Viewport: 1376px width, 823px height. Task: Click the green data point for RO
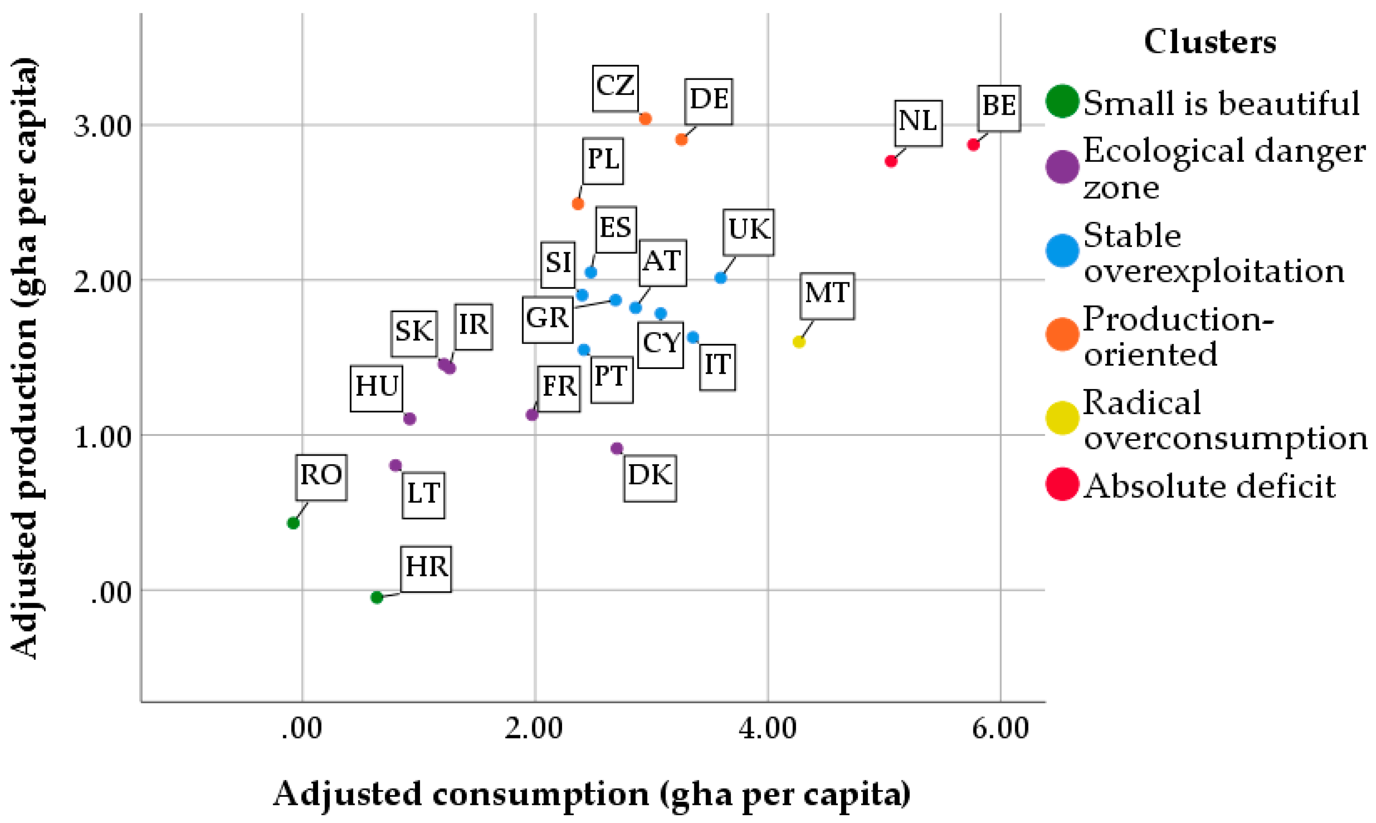click(x=293, y=523)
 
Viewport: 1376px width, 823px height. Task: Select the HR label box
click(x=426, y=569)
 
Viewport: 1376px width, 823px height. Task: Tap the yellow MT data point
click(x=799, y=341)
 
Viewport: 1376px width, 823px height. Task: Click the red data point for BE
click(x=973, y=145)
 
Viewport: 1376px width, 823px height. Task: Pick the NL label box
click(x=918, y=123)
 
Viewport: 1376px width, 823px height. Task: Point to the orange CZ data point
click(x=645, y=119)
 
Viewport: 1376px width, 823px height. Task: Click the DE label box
click(x=708, y=101)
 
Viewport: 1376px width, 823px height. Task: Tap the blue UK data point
click(x=721, y=278)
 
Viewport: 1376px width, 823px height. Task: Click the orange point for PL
click(x=578, y=203)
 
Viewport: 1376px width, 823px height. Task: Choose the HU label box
click(x=376, y=388)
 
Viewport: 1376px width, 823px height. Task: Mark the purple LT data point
click(x=395, y=465)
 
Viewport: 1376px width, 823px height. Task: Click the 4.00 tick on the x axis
click(x=768, y=729)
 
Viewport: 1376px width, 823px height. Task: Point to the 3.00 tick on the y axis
click(x=103, y=126)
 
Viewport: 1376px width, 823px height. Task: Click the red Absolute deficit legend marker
click(x=1062, y=484)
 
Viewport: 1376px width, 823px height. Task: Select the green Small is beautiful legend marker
click(x=1062, y=101)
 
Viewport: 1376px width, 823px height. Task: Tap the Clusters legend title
click(x=1210, y=42)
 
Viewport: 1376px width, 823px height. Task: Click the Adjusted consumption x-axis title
click(x=592, y=794)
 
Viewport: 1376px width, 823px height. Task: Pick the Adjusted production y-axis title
click(x=25, y=358)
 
